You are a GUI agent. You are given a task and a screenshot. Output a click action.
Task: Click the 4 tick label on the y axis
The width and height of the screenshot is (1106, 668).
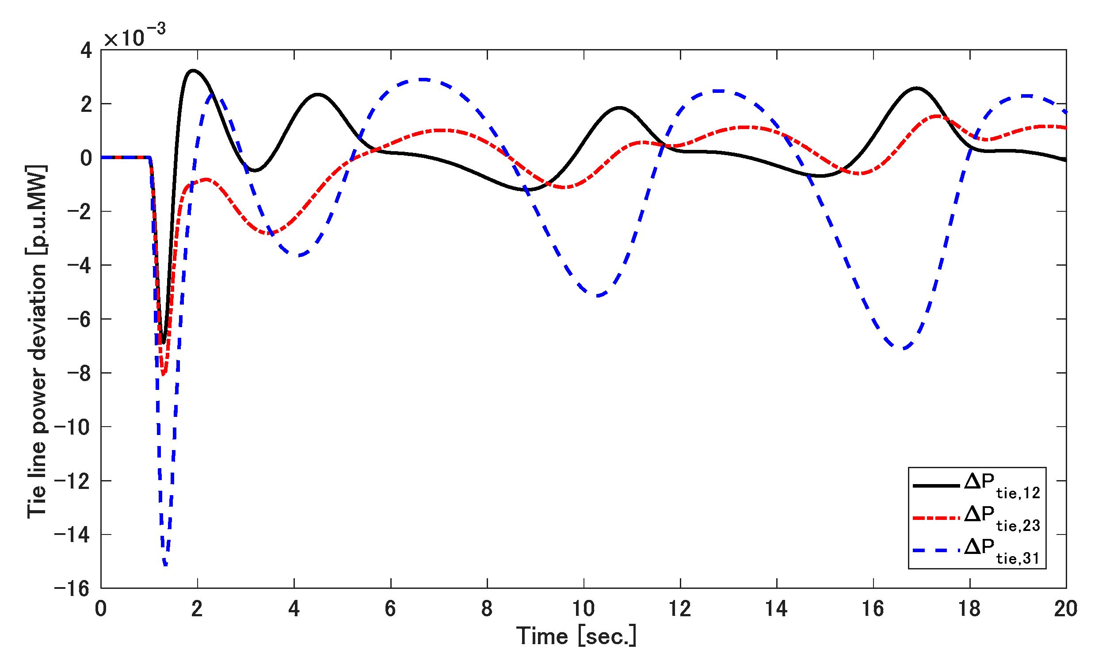point(86,50)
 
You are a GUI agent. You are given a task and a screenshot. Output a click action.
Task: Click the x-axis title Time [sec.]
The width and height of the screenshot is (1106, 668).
point(576,637)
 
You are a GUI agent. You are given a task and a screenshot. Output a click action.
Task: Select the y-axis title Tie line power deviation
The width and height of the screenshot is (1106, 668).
point(37,341)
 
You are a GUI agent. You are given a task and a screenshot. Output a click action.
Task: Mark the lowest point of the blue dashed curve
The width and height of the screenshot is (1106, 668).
point(165,564)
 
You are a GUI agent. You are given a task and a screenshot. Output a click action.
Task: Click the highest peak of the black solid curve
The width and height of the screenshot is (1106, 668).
point(194,70)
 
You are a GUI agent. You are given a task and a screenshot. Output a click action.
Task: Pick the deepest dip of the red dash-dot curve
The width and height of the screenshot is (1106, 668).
point(164,374)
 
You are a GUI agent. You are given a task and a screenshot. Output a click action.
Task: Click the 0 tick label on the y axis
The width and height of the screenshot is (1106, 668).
point(86,158)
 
